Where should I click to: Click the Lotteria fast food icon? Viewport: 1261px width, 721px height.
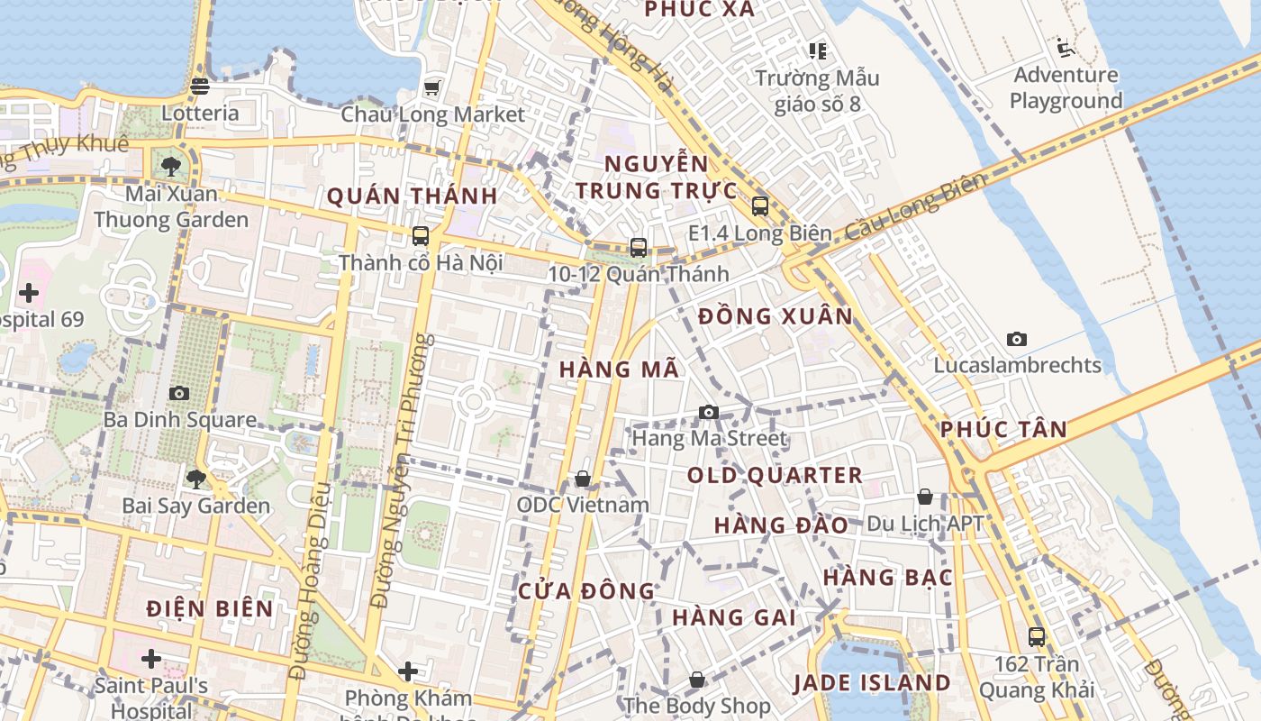(x=200, y=87)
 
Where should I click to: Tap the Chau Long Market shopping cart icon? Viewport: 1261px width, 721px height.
(x=432, y=87)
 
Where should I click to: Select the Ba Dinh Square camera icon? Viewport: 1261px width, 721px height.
(x=179, y=393)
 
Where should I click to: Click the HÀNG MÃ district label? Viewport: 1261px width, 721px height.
(x=619, y=370)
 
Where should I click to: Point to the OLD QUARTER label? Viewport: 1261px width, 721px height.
(x=775, y=475)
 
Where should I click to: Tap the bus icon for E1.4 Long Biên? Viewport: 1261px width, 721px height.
(x=759, y=206)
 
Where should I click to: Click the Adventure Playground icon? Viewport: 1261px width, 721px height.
(x=1066, y=47)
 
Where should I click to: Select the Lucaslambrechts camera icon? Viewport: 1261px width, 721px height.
(x=1017, y=339)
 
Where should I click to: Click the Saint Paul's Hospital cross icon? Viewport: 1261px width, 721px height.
(x=151, y=659)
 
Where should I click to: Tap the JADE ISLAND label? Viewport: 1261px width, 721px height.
(x=871, y=683)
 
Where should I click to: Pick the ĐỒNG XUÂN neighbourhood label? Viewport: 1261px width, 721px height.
(x=775, y=316)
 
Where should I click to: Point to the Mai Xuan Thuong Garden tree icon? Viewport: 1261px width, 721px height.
(x=170, y=166)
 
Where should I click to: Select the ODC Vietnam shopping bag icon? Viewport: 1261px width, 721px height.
(x=583, y=479)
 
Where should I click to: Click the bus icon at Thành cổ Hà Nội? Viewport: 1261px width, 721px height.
(x=421, y=236)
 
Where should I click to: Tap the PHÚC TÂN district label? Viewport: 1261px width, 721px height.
(x=1003, y=430)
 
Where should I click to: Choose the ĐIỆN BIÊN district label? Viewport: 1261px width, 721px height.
(x=210, y=609)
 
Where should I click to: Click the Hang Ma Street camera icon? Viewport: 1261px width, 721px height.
(x=709, y=412)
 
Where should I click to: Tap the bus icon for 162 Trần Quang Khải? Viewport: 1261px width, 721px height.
(x=1037, y=637)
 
